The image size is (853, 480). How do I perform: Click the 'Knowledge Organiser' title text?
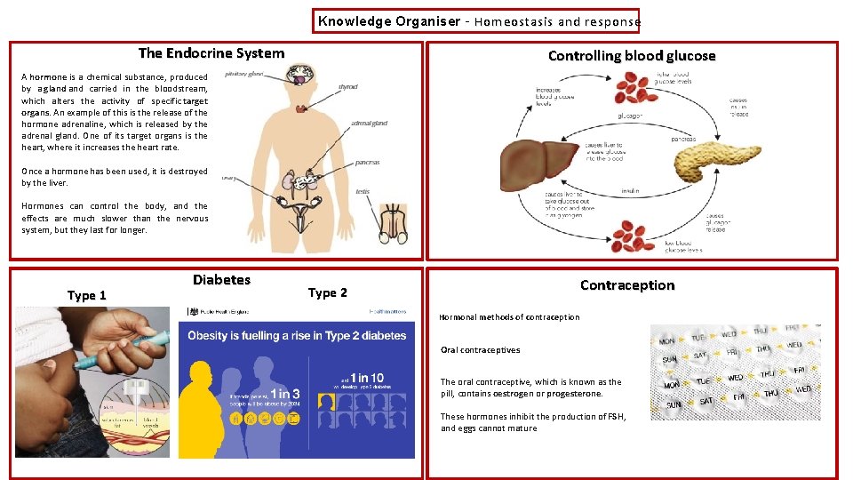(389, 21)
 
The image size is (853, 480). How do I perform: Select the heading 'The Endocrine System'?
(211, 53)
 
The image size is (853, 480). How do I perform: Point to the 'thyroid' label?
(347, 87)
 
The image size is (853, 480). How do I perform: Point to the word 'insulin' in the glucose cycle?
(630, 190)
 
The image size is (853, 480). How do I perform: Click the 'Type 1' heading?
(87, 295)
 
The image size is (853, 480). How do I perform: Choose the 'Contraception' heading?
(627, 285)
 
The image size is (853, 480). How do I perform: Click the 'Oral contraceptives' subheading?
(481, 350)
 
